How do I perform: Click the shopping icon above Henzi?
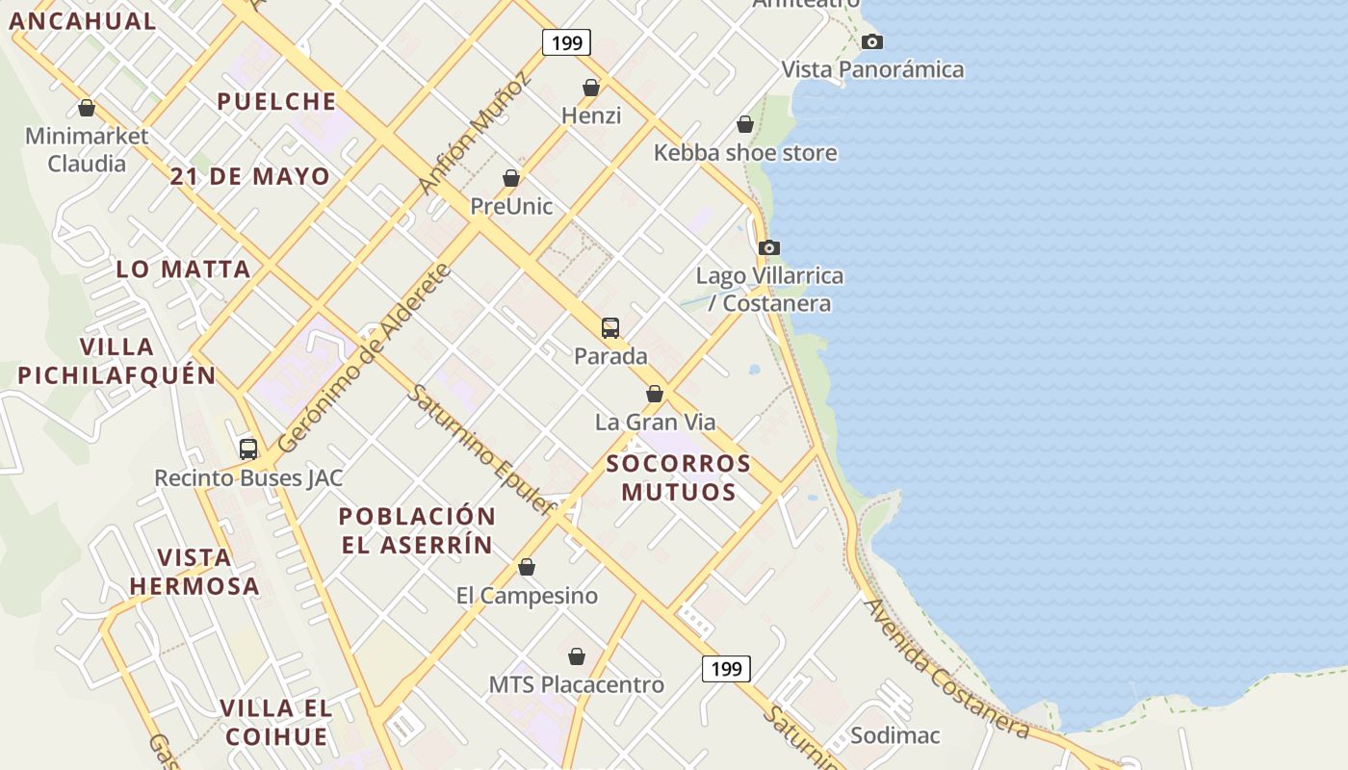coord(591,88)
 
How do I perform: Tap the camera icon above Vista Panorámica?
coord(872,41)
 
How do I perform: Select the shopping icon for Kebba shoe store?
coord(744,124)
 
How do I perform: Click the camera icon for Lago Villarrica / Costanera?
coord(768,247)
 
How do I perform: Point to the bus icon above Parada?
coord(610,327)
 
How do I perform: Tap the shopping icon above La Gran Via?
coord(655,394)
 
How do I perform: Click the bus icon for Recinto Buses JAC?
coord(248,449)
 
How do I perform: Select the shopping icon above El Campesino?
coord(527,567)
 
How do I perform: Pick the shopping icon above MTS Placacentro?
coord(577,656)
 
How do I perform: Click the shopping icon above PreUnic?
coord(511,178)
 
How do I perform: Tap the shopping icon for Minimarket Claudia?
coord(87,108)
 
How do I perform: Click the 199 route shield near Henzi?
coord(566,42)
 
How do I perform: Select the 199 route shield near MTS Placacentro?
coord(726,668)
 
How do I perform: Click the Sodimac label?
coord(895,736)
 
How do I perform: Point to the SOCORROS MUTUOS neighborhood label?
coord(679,477)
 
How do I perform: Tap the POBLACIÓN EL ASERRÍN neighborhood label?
coord(417,530)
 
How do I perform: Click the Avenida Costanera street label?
coord(946,668)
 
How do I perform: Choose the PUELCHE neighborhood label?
coord(276,101)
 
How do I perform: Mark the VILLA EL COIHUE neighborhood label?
coord(276,723)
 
